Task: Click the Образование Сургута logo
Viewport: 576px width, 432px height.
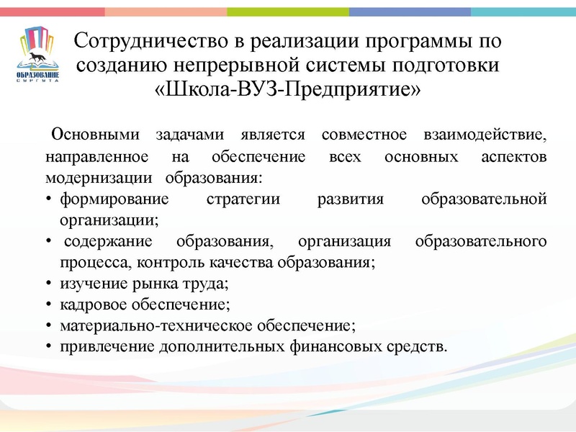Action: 37,55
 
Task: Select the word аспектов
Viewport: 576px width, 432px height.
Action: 513,156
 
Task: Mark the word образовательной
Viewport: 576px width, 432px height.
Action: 483,199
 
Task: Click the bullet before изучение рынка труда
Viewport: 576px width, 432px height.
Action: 48,283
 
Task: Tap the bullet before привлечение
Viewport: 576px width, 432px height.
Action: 48,346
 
